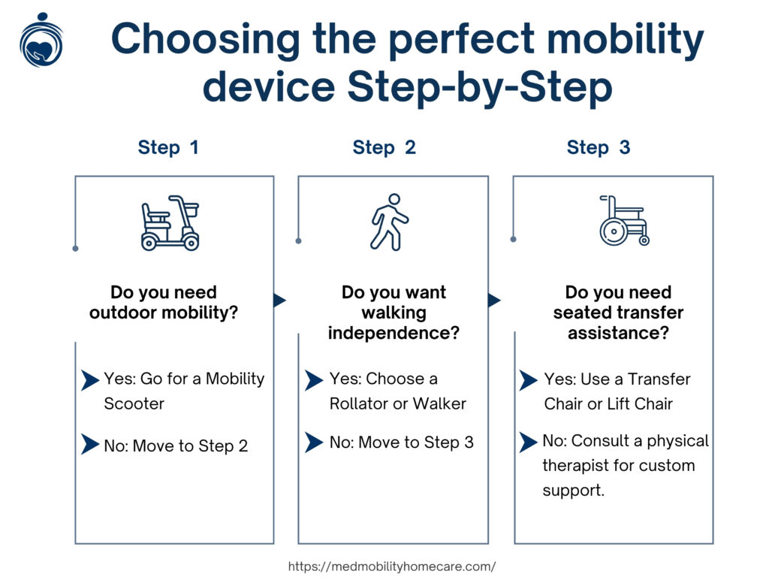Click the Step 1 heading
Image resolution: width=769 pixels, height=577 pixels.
[168, 147]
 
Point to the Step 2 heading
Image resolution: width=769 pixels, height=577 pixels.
[384, 147]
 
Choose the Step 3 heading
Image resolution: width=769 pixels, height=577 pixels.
[599, 147]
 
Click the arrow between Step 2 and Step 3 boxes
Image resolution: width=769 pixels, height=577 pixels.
[494, 301]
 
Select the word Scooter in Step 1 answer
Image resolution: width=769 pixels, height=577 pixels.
[134, 403]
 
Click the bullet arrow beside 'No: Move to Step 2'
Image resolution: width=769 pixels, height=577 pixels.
[90, 444]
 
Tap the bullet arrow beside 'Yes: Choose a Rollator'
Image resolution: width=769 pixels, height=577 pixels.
[314, 380]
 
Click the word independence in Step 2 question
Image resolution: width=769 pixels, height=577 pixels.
[393, 332]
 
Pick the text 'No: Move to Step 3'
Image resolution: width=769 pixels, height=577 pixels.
[401, 443]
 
